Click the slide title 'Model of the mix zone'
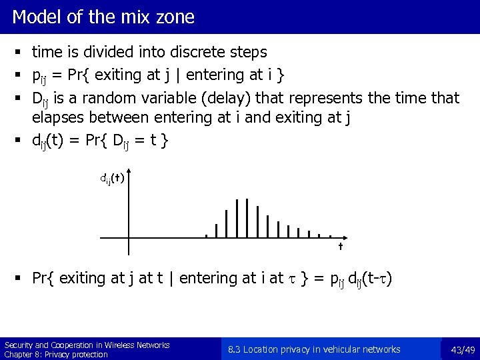(x=103, y=17)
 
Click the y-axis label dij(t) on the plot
(x=111, y=178)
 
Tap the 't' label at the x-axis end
(x=340, y=247)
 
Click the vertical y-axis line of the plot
(x=129, y=213)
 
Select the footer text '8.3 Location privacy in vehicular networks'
(x=314, y=349)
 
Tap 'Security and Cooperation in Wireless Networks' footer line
(x=87, y=345)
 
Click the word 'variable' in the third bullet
(x=169, y=99)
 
